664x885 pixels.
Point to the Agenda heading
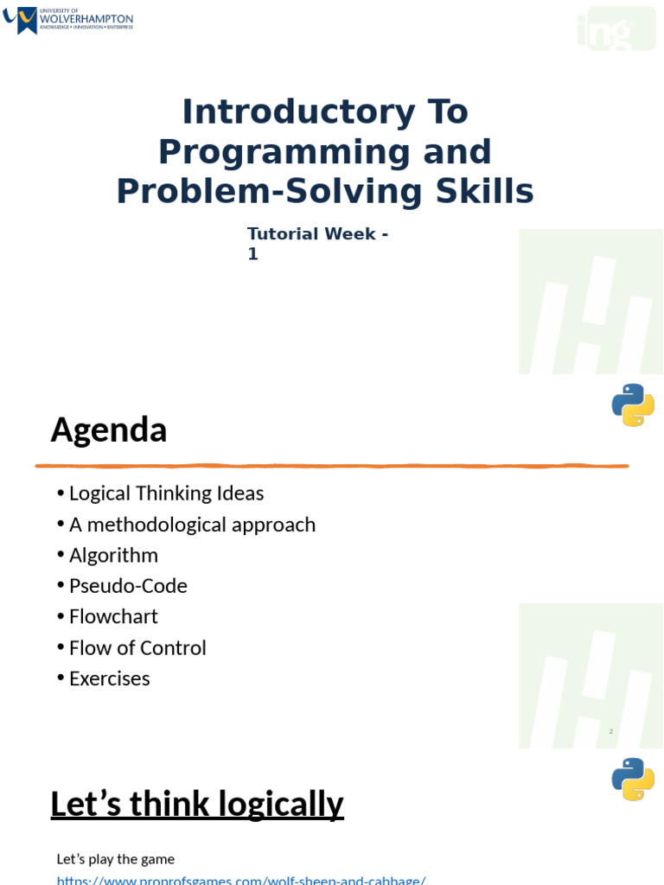(108, 430)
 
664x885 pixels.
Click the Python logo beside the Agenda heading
(633, 404)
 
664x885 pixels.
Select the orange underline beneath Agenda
(331, 466)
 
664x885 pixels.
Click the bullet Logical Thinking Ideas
(166, 493)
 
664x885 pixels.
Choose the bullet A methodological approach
(192, 525)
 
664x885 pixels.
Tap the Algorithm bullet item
(113, 555)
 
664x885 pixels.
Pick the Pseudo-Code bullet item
(128, 586)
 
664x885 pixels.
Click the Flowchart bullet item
(113, 616)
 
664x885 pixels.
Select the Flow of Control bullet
(137, 648)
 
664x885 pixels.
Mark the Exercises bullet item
(109, 678)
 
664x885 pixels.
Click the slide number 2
(610, 731)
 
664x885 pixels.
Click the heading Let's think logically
(197, 804)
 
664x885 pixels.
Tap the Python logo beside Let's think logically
(633, 779)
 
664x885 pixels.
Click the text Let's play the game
(116, 859)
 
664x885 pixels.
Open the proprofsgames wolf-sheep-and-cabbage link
(241, 880)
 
